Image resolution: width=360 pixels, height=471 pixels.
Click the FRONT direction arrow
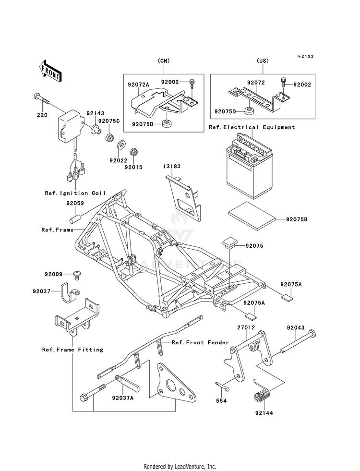(50, 71)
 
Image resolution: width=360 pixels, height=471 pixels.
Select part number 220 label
(42, 115)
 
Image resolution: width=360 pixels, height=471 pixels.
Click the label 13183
(172, 167)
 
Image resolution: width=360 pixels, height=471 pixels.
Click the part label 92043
(296, 328)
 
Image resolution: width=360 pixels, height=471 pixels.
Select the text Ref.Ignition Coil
(75, 193)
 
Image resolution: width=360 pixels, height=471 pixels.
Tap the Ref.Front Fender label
(200, 342)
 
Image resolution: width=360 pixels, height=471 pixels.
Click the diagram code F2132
(306, 56)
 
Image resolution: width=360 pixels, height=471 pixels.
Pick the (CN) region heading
(164, 60)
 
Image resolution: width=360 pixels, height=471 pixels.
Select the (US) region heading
(263, 60)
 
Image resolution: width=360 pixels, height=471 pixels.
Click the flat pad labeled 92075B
(252, 216)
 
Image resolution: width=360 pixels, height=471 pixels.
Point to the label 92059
(75, 204)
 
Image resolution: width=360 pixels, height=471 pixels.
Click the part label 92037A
(123, 398)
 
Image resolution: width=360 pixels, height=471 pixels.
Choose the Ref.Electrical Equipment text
(252, 127)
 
